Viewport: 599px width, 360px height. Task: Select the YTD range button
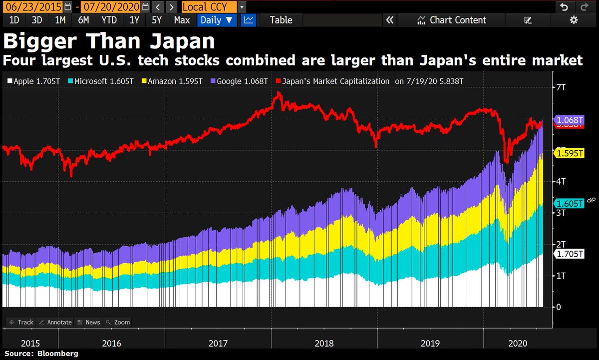109,20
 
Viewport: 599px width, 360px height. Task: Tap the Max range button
182,20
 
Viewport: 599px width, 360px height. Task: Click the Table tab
281,20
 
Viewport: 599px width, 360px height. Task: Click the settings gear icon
574,20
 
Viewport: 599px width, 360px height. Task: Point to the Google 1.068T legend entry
240,81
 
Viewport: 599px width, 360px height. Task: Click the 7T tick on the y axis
561,88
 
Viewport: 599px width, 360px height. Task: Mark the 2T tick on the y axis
561,244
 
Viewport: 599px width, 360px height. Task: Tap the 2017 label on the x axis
218,344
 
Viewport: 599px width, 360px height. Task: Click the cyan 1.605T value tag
568,204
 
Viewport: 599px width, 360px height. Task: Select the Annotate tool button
55,322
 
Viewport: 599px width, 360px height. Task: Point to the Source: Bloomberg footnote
41,354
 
